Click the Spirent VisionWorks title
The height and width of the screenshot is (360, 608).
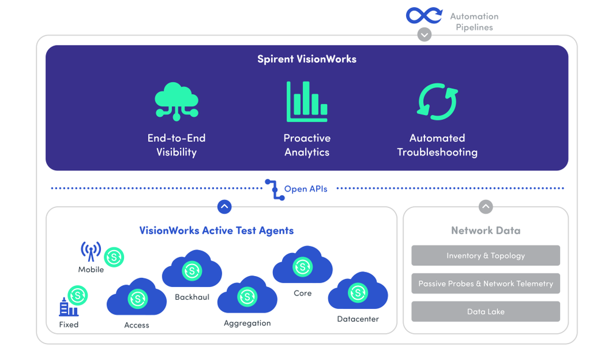tap(306, 59)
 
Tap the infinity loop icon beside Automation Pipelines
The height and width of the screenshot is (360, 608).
tap(424, 15)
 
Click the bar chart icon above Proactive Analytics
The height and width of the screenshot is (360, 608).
tap(307, 102)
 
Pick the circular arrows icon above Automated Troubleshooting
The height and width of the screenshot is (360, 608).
tap(437, 101)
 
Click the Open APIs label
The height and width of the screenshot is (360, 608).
tap(305, 189)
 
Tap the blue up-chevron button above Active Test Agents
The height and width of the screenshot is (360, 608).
tap(224, 207)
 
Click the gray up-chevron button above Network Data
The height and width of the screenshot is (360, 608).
tap(485, 207)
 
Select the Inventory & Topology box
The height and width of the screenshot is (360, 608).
tap(485, 255)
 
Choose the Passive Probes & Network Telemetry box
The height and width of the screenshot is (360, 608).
tap(485, 283)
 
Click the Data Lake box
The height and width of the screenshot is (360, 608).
tap(485, 311)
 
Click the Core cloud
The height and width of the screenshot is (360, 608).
tap(302, 266)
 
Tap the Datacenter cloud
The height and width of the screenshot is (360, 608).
tap(358, 292)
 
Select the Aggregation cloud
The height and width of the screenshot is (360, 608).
tap(247, 296)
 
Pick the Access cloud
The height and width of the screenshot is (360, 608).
tap(137, 298)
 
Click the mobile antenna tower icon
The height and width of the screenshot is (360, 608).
tap(91, 251)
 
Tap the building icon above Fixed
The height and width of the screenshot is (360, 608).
tap(68, 306)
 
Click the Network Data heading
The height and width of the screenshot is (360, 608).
tap(485, 230)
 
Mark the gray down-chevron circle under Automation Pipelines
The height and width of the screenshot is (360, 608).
tap(424, 35)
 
